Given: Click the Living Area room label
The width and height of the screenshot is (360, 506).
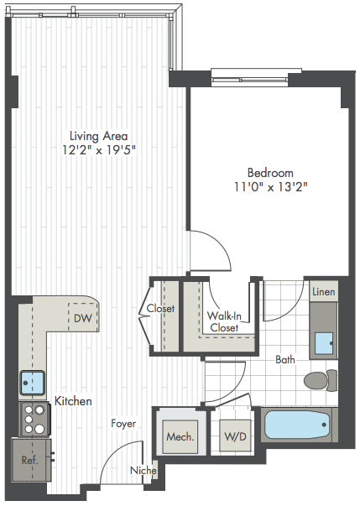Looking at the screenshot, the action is point(99,136).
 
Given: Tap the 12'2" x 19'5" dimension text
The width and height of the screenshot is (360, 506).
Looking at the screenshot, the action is point(99,150).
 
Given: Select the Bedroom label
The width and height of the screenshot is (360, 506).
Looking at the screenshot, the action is point(270,173).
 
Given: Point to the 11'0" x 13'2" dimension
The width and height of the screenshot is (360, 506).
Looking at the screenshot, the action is point(270,187).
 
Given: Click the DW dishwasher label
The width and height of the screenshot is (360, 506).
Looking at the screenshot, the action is point(83,319).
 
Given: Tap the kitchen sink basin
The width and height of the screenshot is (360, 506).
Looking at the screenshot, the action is point(32,383).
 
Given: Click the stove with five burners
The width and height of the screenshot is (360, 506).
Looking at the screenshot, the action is point(34,420).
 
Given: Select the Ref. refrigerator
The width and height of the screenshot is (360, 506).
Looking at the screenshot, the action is point(31,460).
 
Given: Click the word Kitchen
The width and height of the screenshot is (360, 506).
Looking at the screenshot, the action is point(73,401).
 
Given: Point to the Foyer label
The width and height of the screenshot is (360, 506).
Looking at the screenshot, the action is point(123,424).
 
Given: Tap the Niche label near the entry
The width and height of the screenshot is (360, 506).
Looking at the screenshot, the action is point(143,471).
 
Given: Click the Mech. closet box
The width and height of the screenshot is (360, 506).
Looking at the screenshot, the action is point(180,437).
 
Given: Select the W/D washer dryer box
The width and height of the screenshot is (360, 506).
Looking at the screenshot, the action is point(235,436).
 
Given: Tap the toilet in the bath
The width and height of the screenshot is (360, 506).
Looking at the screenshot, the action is point(321,380).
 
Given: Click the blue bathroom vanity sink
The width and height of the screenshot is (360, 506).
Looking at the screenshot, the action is point(324,343).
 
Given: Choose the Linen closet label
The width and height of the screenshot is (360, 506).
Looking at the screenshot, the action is point(324,292).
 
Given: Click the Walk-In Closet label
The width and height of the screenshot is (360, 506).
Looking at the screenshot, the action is point(224,321).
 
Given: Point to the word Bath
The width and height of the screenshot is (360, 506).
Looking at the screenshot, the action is point(285,359).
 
